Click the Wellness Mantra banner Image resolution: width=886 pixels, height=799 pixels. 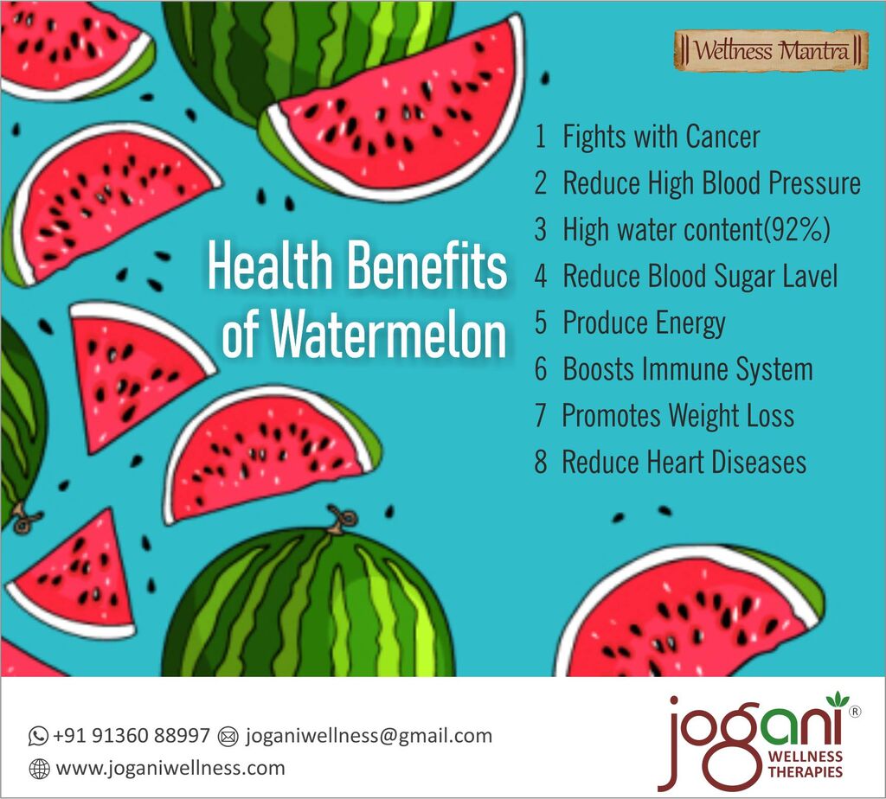pyautogui.click(x=771, y=51)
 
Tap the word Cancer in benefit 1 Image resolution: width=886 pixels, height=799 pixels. pyautogui.click(x=722, y=137)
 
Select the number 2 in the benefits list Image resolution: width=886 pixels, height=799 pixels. pyautogui.click(x=541, y=183)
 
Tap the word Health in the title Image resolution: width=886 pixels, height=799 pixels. pyautogui.click(x=270, y=265)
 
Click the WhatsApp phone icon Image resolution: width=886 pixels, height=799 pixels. pyautogui.click(x=38, y=736)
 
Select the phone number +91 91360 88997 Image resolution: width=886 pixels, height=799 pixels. pyautogui.click(x=132, y=736)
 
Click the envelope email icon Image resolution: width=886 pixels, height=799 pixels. pyautogui.click(x=228, y=737)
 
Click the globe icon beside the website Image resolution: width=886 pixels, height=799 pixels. pyautogui.click(x=39, y=769)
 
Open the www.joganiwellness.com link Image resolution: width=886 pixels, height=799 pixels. pyautogui.click(x=170, y=769)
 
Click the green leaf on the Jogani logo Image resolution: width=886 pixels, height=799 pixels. pyautogui.click(x=838, y=700)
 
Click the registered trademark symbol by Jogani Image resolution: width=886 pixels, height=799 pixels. pyautogui.click(x=856, y=712)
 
